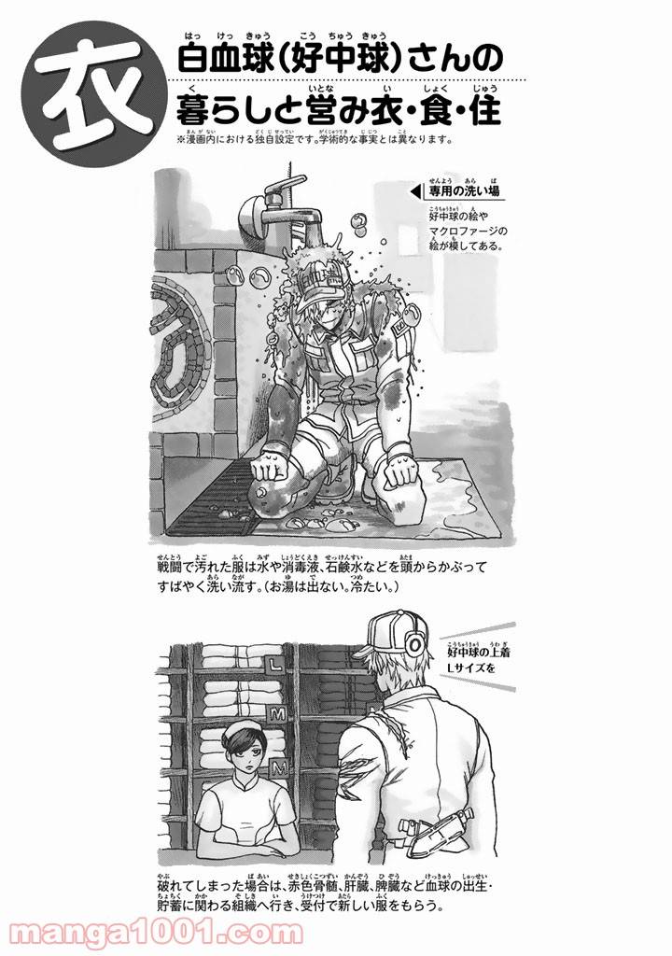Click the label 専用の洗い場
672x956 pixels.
(464, 191)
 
